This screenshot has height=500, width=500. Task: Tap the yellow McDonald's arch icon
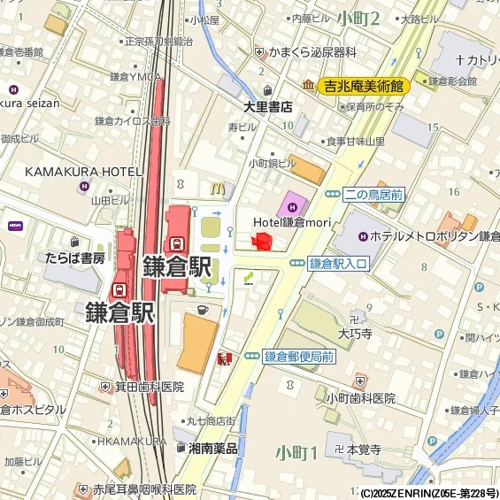[x=215, y=187]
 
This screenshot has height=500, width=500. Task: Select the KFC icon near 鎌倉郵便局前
[x=223, y=358]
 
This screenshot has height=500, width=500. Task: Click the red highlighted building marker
[x=262, y=242]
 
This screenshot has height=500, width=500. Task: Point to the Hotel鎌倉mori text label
[x=291, y=222]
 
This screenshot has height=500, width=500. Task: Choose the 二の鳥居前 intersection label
[x=373, y=194]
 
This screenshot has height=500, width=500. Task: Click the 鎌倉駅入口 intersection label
[x=337, y=264]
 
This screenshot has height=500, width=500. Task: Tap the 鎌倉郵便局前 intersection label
[x=298, y=357]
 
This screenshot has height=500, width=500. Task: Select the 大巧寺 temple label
[x=356, y=335]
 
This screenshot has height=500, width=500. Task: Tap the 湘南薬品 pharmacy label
[x=212, y=449]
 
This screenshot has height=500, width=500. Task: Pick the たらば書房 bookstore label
[x=75, y=258]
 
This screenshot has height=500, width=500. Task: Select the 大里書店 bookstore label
[x=268, y=106]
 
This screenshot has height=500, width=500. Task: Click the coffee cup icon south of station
[x=202, y=310]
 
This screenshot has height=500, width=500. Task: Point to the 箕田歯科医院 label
[x=148, y=387]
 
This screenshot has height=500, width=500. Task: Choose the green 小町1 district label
[x=296, y=453]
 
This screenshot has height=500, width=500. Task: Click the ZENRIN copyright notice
[x=428, y=493]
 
